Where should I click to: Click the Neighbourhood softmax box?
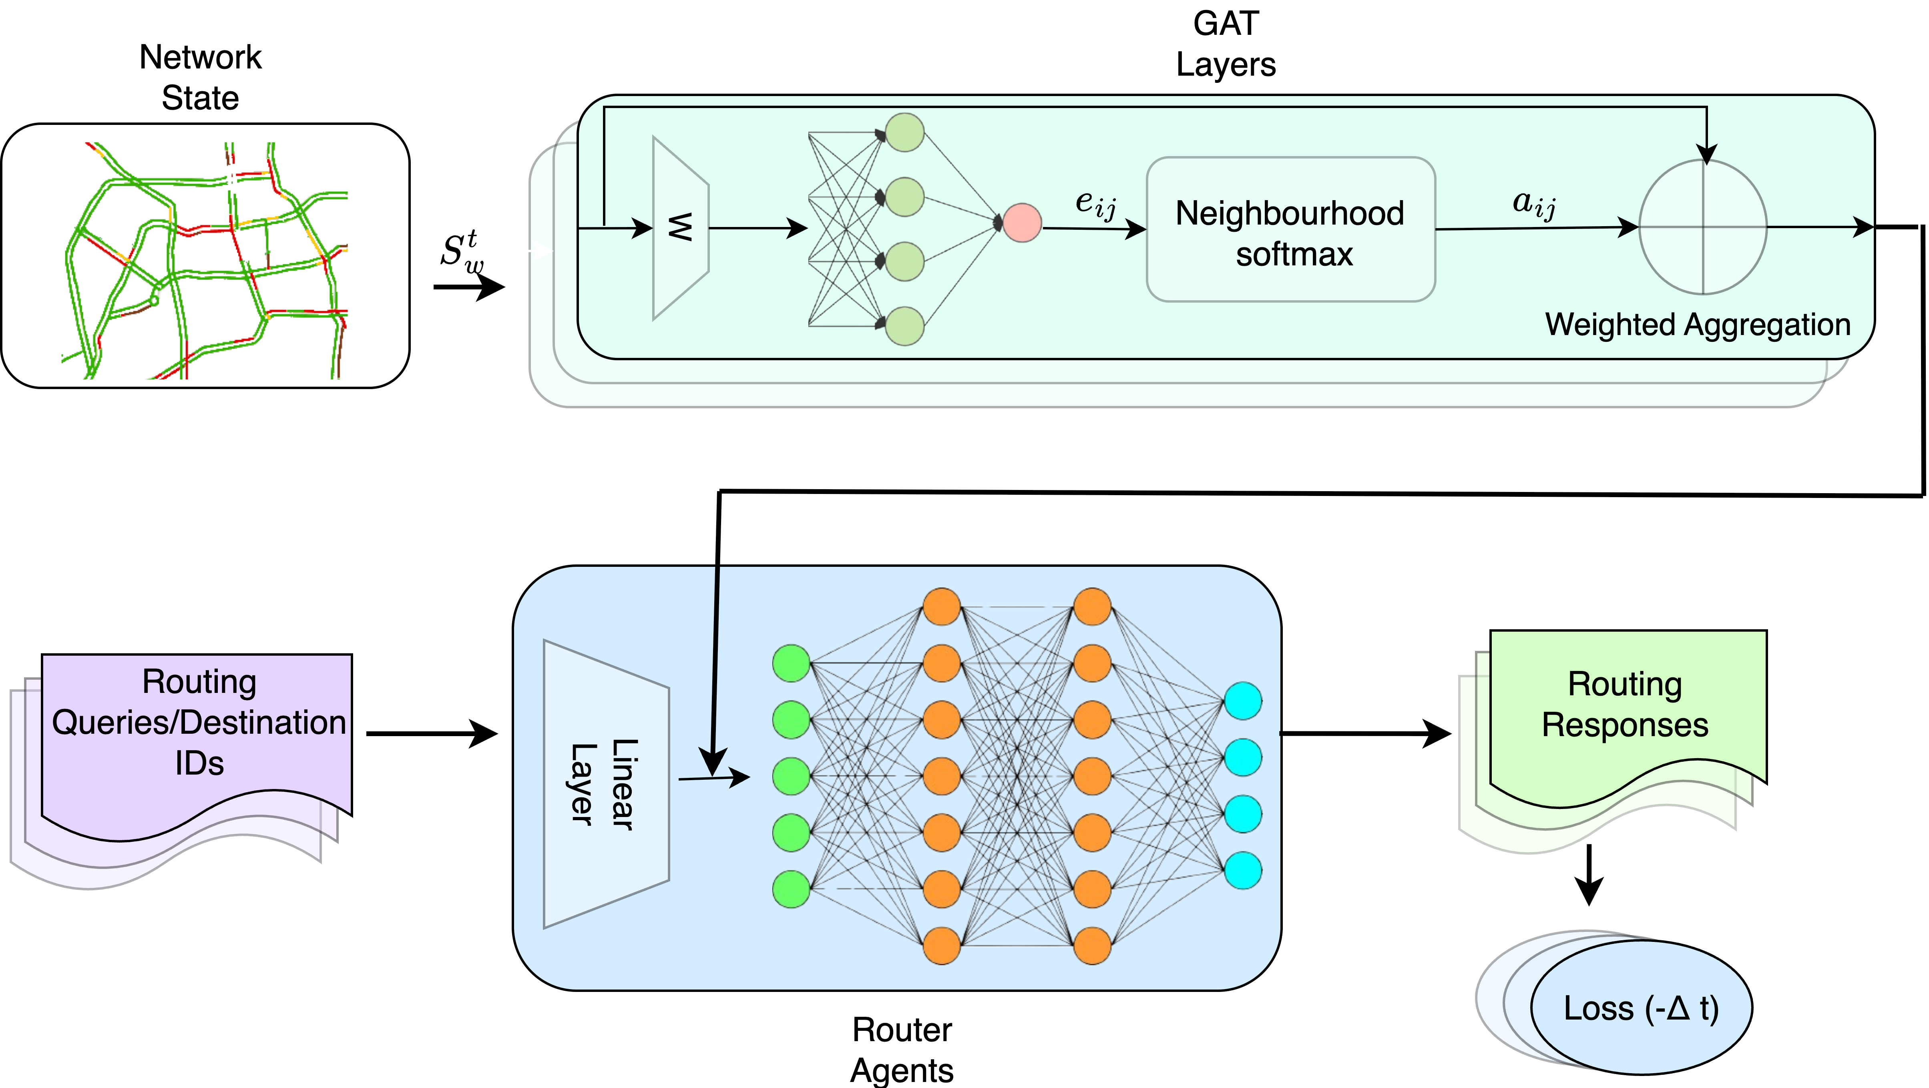click(x=1290, y=230)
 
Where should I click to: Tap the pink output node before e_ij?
click(x=1022, y=223)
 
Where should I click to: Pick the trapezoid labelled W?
click(x=680, y=228)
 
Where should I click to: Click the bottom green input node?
click(x=791, y=889)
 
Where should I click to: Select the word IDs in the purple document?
click(x=199, y=763)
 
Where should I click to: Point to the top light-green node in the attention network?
click(x=904, y=132)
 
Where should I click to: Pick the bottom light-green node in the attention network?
click(x=904, y=326)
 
